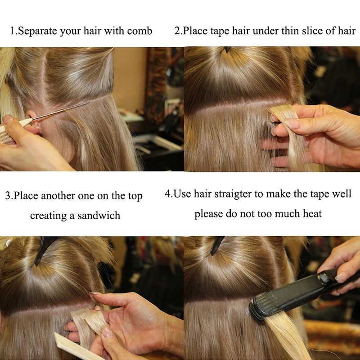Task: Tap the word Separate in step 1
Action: [x=37, y=31]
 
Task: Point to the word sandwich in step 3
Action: [x=99, y=216]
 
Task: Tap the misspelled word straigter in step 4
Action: [x=233, y=194]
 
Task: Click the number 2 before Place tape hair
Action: [x=177, y=31]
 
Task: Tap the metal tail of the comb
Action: [x=60, y=111]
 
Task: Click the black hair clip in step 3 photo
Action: [x=44, y=249]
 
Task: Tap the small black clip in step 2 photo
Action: [x=228, y=49]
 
